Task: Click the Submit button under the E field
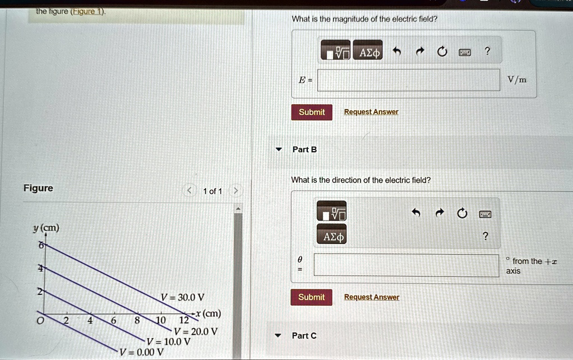312,112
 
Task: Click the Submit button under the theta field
311,297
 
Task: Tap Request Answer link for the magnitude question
372,112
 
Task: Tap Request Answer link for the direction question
372,297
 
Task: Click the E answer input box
408,80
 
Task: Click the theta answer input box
406,265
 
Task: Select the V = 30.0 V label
182,297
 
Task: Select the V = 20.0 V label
195,331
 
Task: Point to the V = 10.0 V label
168,342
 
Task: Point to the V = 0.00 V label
142,352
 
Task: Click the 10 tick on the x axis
161,320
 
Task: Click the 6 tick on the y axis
41,245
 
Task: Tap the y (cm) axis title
46,228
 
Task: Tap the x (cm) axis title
208,314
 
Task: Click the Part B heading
304,149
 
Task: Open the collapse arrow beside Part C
278,335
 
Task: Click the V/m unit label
516,80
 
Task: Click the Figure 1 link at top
87,11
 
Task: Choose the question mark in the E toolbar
487,51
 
